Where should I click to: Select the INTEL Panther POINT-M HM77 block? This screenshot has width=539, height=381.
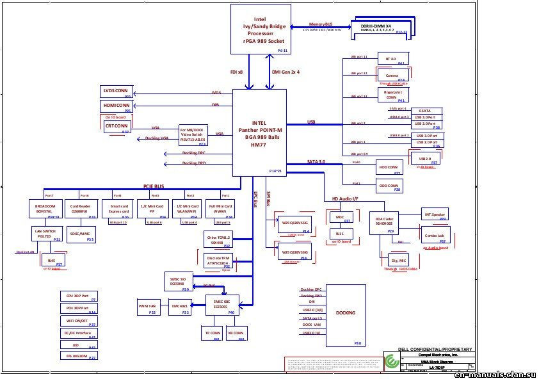(259, 133)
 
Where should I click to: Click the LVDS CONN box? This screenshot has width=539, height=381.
(116, 92)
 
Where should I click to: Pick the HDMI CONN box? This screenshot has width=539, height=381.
(116, 106)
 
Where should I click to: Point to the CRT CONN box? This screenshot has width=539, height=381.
(117, 127)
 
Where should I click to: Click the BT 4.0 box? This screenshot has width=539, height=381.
(391, 60)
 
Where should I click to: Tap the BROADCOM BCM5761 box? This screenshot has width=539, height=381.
(45, 209)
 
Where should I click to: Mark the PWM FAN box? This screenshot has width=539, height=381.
(147, 308)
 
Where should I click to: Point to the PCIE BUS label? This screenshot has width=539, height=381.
(154, 187)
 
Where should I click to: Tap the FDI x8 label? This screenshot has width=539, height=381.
(237, 72)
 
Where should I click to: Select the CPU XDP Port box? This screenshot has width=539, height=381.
(79, 297)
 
